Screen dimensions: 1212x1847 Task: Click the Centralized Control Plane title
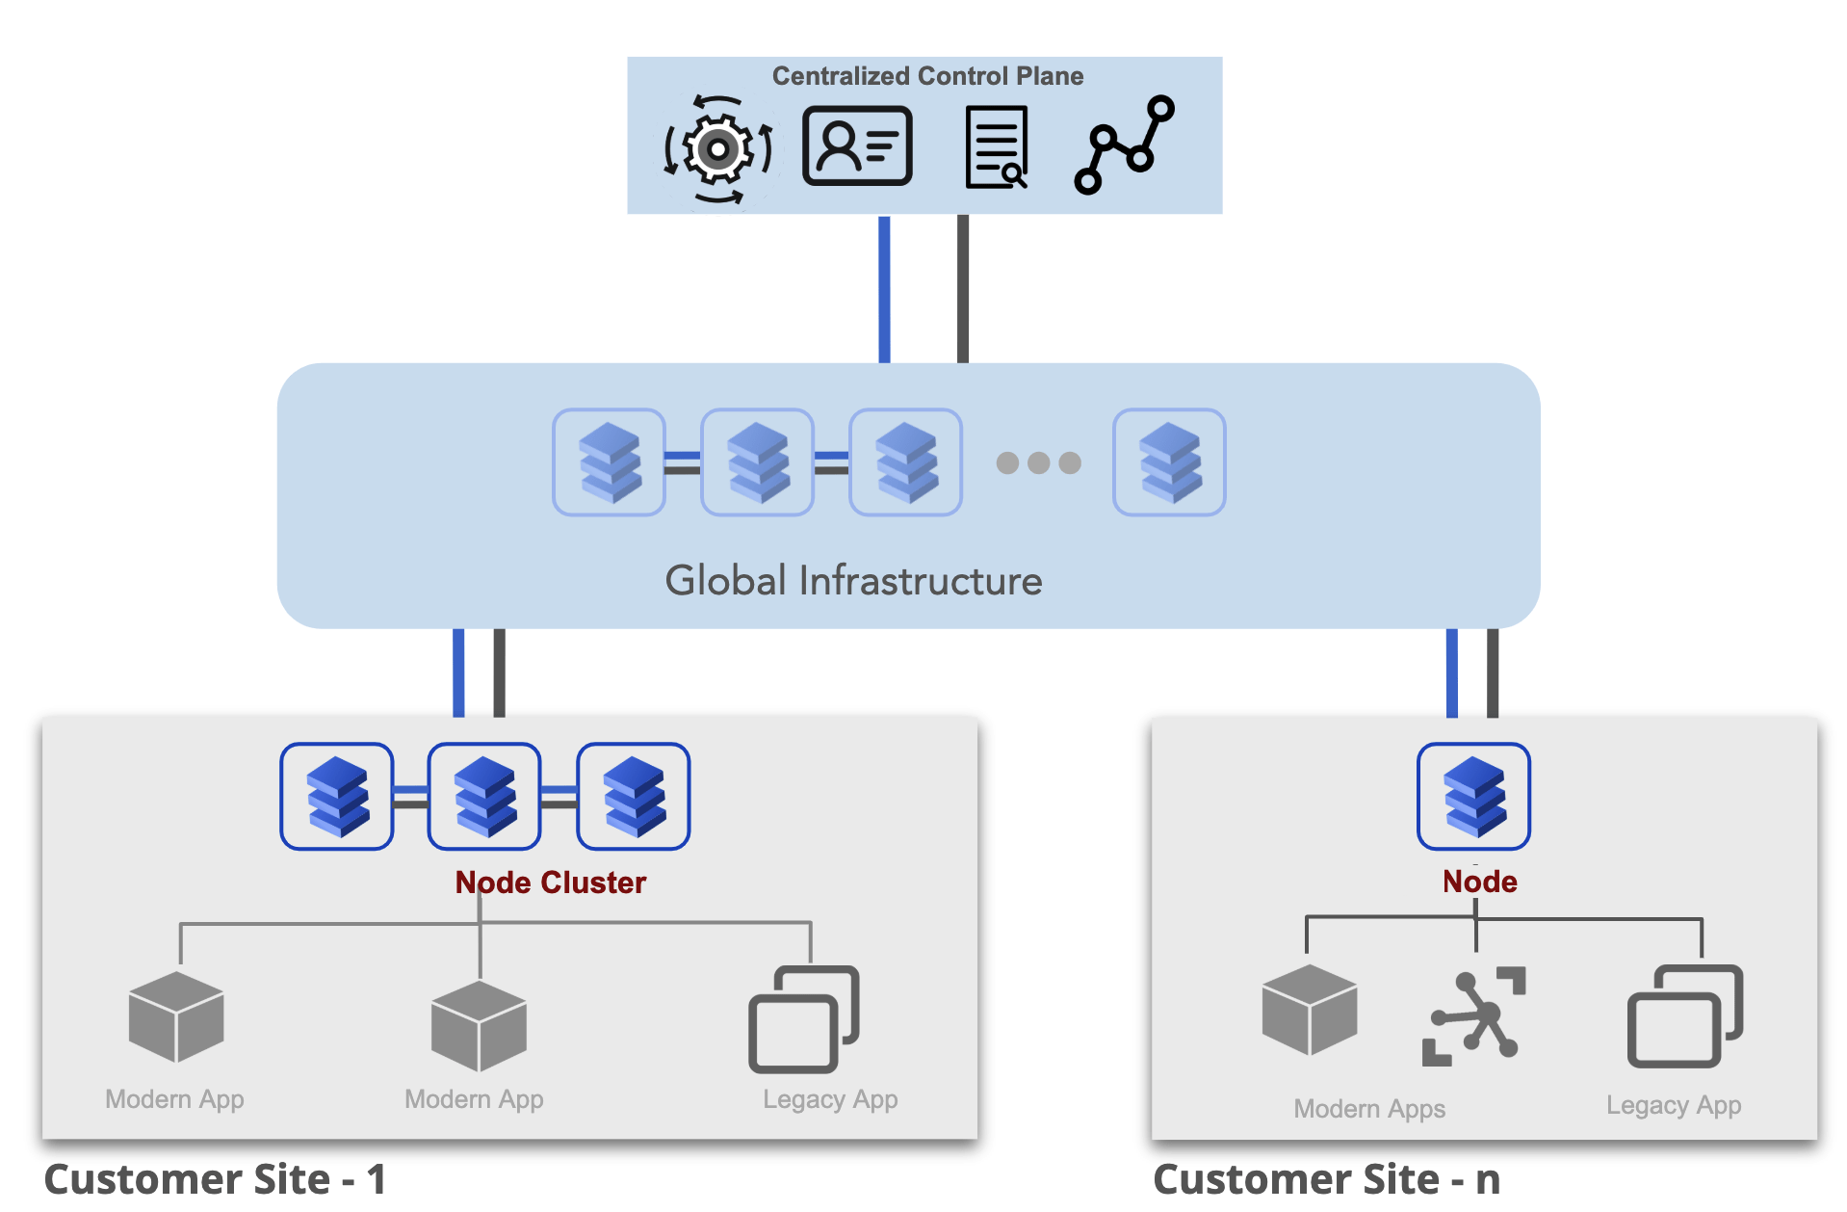coord(926,76)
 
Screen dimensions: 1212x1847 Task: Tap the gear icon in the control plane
coord(717,149)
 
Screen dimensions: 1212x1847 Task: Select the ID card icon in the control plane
coord(857,146)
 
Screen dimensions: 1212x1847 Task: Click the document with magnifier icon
coord(997,148)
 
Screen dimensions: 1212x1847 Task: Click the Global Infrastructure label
coord(853,581)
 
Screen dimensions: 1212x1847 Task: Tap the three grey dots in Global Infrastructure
coord(1038,463)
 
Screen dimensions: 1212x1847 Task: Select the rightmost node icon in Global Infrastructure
coord(1169,462)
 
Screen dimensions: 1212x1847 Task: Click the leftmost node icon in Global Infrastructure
coord(609,462)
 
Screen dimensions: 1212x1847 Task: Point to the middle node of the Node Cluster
coord(484,796)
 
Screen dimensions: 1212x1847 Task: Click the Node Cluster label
coord(550,883)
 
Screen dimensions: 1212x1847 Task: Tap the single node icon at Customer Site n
coord(1473,796)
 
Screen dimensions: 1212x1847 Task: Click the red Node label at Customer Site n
coord(1479,882)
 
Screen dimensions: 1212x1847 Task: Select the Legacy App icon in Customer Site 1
coord(803,1019)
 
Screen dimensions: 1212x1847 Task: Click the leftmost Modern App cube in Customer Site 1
coord(176,1016)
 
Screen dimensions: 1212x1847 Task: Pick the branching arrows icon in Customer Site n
coord(1473,1016)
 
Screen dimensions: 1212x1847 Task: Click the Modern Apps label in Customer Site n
coord(1368,1109)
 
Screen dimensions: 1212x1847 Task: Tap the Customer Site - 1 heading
coord(215,1180)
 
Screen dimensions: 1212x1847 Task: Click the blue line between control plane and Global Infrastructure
coord(884,289)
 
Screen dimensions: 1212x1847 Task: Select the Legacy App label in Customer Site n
coord(1673,1105)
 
